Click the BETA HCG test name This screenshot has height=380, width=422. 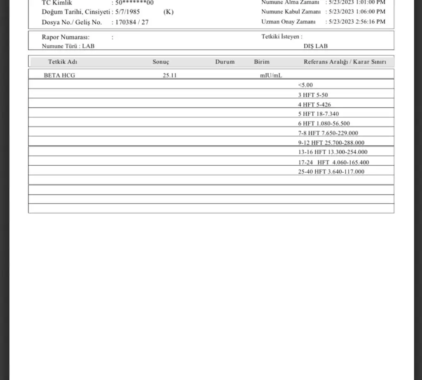click(59, 75)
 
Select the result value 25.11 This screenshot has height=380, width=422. click(170, 75)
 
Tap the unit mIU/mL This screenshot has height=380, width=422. click(271, 75)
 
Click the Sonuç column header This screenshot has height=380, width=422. click(161, 62)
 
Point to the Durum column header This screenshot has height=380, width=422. click(225, 62)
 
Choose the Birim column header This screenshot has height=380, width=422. click(262, 62)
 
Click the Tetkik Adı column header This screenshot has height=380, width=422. click(63, 62)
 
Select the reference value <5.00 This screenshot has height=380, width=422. click(305, 85)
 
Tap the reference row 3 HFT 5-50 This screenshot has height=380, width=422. click(313, 95)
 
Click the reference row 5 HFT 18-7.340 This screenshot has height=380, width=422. click(319, 114)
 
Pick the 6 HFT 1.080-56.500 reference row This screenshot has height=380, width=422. click(324, 123)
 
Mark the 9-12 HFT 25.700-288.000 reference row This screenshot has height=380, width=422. click(331, 143)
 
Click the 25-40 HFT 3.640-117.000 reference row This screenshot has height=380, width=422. click(331, 171)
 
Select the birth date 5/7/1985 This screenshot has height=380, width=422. click(128, 12)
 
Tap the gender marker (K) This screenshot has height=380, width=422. click(168, 12)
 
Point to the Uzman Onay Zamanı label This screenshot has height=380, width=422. click(288, 22)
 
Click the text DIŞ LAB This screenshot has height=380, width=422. click(316, 46)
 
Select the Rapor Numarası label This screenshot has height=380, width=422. click(66, 37)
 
